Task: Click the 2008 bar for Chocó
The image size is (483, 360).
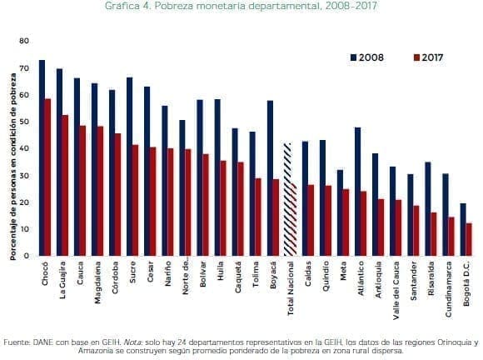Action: click(x=42, y=158)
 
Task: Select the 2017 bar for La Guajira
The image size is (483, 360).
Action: click(x=66, y=185)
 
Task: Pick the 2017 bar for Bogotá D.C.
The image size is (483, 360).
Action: click(x=469, y=239)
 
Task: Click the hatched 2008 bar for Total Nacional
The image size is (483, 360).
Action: click(x=287, y=199)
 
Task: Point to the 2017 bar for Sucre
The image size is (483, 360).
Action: click(x=136, y=200)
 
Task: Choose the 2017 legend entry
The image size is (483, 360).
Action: click(x=424, y=58)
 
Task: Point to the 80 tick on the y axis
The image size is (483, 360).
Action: click(x=24, y=41)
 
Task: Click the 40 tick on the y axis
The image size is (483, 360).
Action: click(x=24, y=148)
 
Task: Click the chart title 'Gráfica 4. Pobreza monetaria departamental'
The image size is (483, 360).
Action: click(x=241, y=7)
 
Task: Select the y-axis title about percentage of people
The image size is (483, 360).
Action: click(x=13, y=167)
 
